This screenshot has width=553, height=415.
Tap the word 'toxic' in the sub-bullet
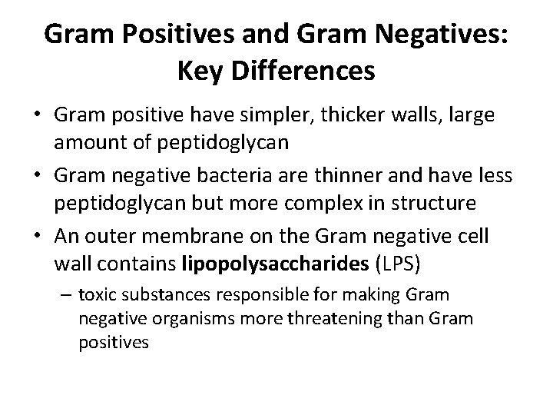[95, 295]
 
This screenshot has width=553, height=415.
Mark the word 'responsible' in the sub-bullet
[249, 295]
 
